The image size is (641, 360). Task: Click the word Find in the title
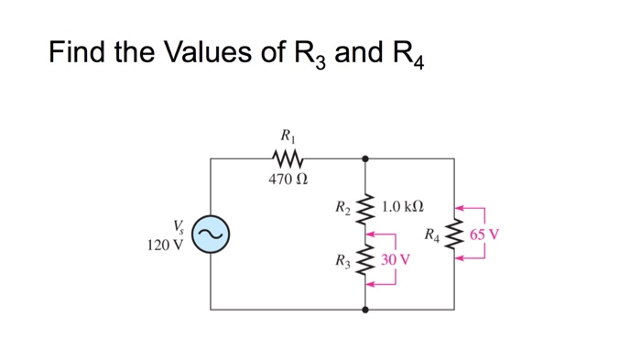[x=80, y=52]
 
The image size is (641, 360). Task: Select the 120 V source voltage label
[x=166, y=245]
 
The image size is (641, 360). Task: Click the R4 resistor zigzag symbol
[x=455, y=235]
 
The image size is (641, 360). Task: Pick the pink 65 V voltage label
[x=485, y=235]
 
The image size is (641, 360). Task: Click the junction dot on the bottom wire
[x=366, y=310]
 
